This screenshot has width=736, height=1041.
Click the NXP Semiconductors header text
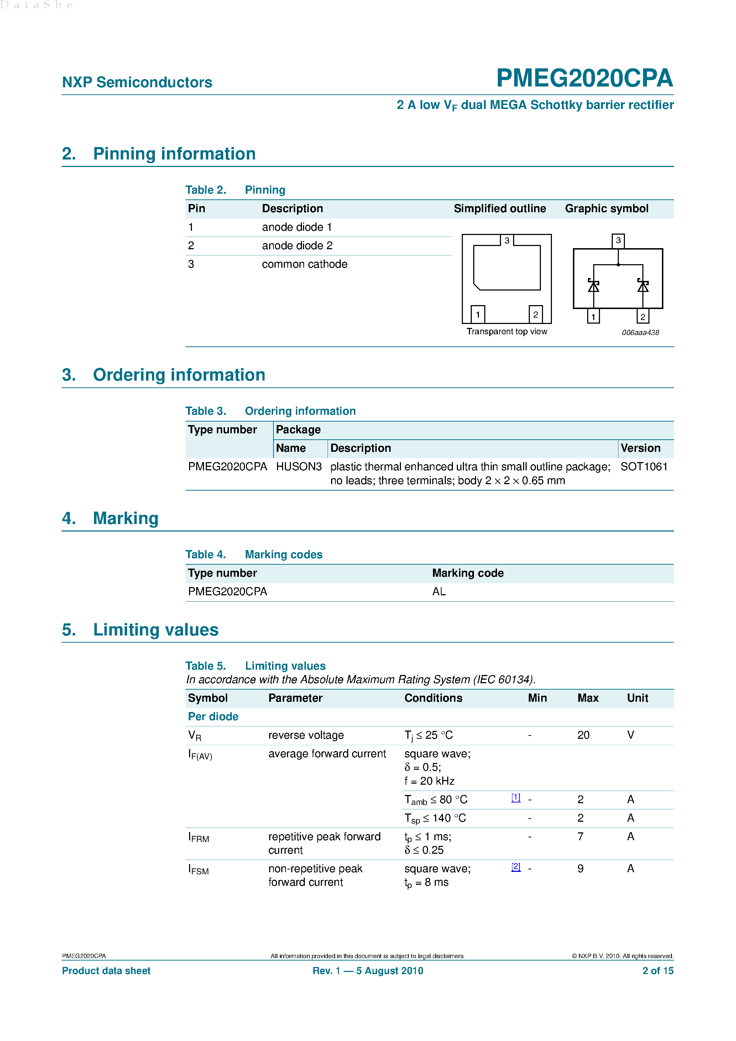point(137,83)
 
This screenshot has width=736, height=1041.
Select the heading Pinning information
point(174,154)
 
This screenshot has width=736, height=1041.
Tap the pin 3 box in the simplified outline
point(507,240)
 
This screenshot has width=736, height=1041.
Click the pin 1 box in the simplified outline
point(477,314)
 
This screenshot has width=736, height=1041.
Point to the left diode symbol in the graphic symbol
point(593,286)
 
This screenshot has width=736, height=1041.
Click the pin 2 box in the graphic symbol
point(643,317)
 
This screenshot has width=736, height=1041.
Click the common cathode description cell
point(304,264)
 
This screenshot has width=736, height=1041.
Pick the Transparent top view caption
point(507,331)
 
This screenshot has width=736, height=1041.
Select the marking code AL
point(439,592)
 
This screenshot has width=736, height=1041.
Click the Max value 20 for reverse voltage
point(583,735)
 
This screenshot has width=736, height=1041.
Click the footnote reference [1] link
point(516,797)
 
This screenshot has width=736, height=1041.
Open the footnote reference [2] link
point(516,867)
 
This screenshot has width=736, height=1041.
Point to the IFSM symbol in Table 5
point(198,870)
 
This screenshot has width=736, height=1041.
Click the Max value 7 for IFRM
point(580,837)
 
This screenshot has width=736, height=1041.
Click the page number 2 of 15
point(658,971)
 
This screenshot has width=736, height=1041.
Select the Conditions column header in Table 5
point(433,698)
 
